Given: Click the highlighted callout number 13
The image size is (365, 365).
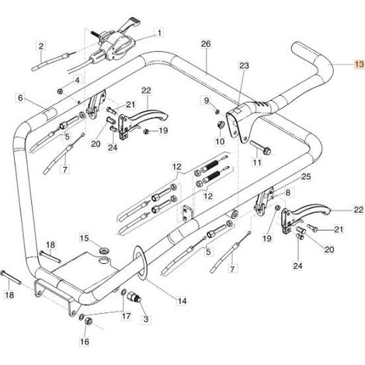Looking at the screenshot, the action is (360, 64).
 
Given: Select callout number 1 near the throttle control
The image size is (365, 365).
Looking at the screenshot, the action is (159, 33).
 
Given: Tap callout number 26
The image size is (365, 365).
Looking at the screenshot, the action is (206, 43).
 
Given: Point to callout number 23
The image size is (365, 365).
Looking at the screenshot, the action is (244, 65).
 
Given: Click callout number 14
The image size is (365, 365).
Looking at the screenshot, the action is (182, 301).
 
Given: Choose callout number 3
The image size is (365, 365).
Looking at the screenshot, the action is (146, 319).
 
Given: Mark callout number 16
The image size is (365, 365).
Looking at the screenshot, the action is (85, 342).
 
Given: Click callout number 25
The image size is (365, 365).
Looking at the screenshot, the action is (306, 177).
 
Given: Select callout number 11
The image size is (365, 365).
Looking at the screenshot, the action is (257, 162).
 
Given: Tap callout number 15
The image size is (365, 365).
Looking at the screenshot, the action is (84, 238).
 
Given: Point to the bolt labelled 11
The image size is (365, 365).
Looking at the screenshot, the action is (261, 148).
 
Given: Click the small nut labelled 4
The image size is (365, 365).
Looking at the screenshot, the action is (60, 91).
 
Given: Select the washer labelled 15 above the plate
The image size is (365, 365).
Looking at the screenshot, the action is (105, 251).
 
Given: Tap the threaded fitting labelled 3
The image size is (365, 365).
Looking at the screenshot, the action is (135, 297).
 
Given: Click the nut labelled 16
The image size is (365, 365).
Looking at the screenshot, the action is (89, 321).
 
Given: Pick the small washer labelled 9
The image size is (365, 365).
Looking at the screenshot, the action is (217, 112).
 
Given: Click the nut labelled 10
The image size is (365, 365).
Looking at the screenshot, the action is (221, 125).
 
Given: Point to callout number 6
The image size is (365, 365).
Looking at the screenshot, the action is (20, 99).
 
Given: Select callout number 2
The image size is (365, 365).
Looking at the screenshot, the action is (41, 47).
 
